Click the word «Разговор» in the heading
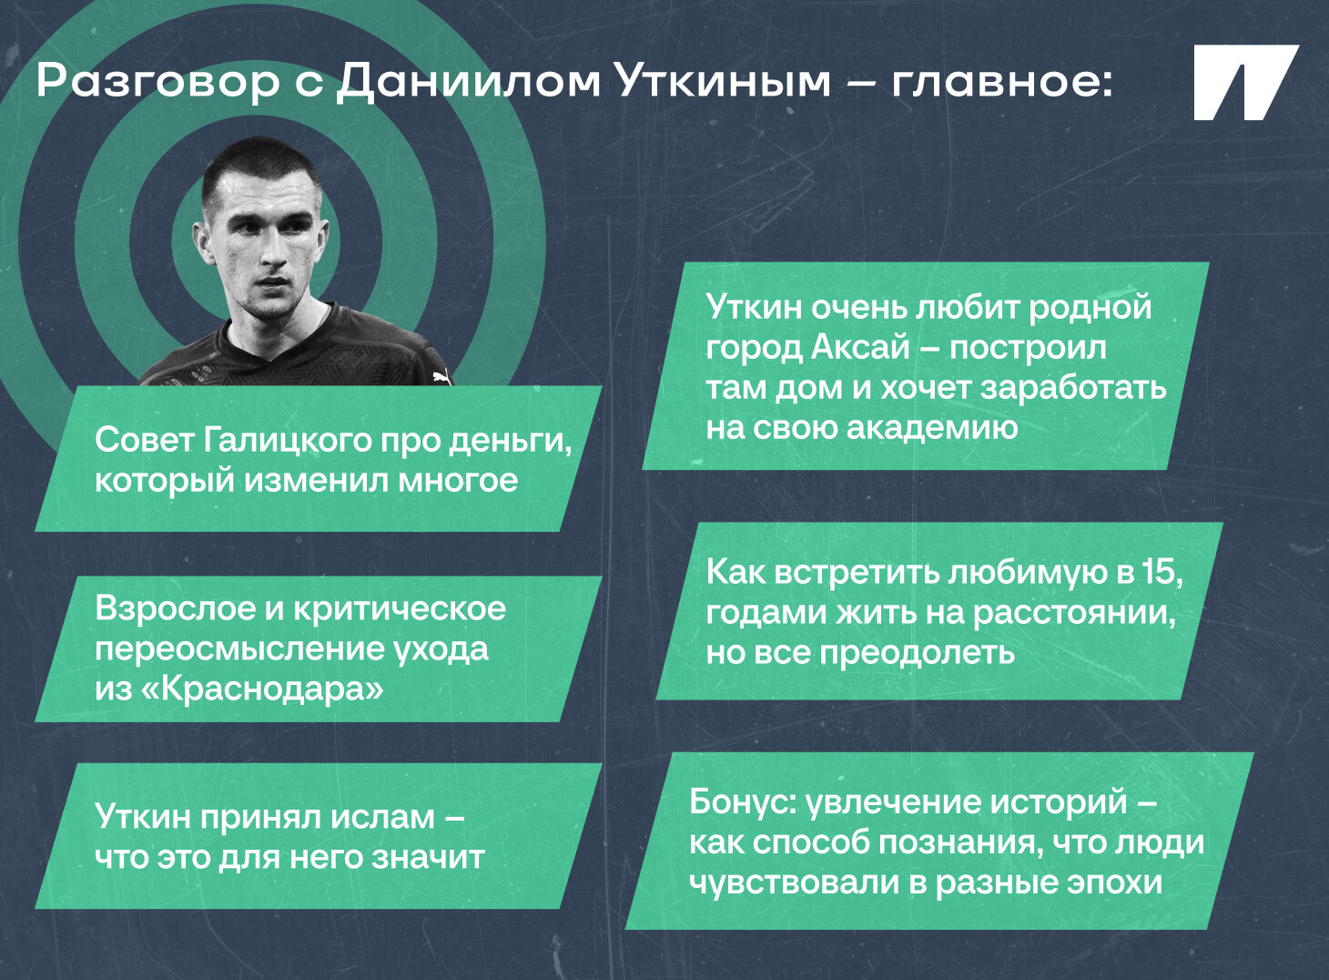point(157,81)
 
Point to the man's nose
point(272,250)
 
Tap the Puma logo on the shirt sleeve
point(438,375)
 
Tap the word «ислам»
point(382,817)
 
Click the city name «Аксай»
point(859,347)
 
